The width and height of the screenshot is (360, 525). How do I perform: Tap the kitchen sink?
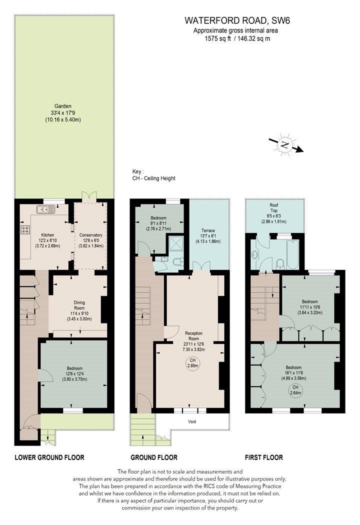[46, 210]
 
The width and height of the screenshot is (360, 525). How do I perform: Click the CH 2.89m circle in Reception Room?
[192, 363]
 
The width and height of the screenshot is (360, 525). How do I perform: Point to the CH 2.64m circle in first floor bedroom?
[295, 390]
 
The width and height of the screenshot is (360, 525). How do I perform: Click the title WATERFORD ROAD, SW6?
[237, 21]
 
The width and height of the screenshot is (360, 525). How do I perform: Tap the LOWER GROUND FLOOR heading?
[49, 457]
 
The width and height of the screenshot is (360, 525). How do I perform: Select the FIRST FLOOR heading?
[264, 457]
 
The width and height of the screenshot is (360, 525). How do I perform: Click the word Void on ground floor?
[192, 421]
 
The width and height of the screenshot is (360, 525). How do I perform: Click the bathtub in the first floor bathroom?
[292, 254]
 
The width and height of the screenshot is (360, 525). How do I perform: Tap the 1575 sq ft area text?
[218, 38]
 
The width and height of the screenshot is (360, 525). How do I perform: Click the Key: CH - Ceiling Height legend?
[153, 175]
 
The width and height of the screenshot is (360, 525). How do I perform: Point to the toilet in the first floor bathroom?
[280, 264]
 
